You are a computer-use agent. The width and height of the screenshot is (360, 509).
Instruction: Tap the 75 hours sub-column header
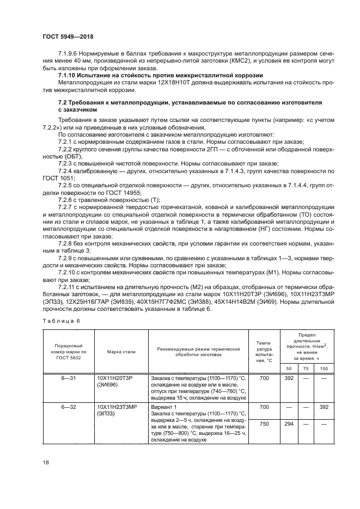(304, 369)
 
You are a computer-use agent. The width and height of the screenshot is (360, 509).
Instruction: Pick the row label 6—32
(68, 406)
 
